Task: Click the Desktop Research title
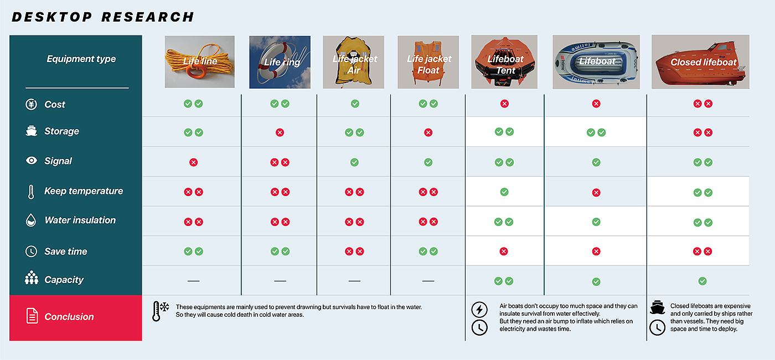tap(103, 17)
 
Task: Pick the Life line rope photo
tap(200, 62)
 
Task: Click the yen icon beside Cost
tap(32, 104)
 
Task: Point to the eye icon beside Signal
tap(32, 161)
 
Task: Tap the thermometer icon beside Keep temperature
tap(31, 192)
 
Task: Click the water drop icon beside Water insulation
tap(31, 220)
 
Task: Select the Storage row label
tap(61, 131)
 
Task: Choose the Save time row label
tap(65, 251)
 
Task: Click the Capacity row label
tap(64, 280)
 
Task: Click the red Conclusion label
tap(69, 317)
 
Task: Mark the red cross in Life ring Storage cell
tap(280, 132)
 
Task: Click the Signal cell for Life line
tap(193, 162)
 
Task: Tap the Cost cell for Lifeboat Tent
tap(504, 104)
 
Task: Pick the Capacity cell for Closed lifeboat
tap(702, 281)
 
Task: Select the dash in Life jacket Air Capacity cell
tap(354, 281)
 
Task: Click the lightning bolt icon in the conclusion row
tap(479, 309)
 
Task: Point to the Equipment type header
tap(81, 59)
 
